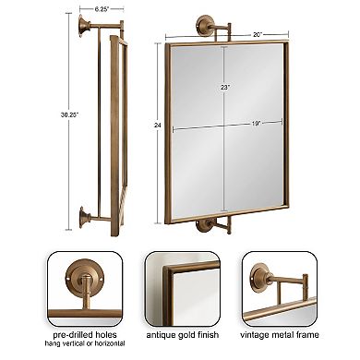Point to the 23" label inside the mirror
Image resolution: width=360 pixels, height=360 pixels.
click(225, 85)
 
